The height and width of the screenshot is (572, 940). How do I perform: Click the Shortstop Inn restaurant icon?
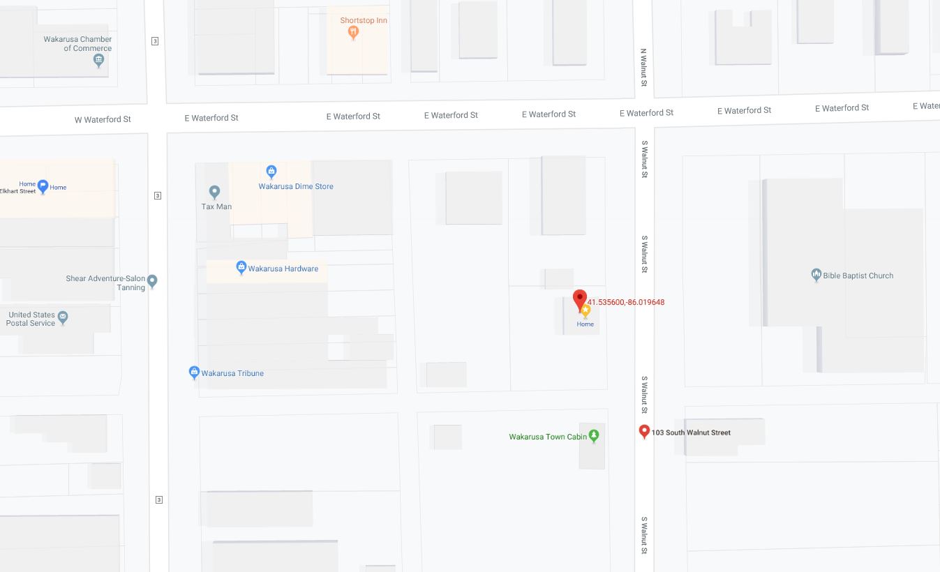pos(354,31)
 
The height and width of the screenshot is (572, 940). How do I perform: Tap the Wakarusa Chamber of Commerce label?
pos(77,44)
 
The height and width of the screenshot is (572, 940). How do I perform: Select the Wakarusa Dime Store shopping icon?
pos(271,171)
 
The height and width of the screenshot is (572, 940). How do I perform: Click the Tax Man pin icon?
pos(215,191)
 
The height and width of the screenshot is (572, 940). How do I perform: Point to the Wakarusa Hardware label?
pos(283,269)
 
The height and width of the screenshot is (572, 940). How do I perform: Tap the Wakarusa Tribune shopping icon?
pos(195,372)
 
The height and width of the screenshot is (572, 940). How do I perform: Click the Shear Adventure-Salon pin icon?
pos(152,281)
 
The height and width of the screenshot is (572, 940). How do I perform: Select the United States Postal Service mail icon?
pos(63,318)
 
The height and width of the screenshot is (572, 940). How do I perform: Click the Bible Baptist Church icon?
pos(816,275)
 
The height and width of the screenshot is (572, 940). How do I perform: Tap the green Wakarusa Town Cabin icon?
pos(594,436)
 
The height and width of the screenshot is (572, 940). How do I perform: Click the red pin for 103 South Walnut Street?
pos(645,432)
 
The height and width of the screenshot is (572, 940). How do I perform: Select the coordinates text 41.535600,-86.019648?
pos(625,302)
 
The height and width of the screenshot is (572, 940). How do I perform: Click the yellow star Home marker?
pos(585,312)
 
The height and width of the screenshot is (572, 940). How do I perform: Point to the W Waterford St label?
pos(103,119)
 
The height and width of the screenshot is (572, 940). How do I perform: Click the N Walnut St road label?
pos(644,68)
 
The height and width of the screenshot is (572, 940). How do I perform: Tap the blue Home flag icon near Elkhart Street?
pos(43,186)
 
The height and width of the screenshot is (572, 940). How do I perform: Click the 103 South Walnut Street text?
pos(691,432)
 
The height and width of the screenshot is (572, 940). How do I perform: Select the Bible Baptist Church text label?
pos(858,276)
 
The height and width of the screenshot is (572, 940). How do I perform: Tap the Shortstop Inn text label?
pos(364,20)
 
